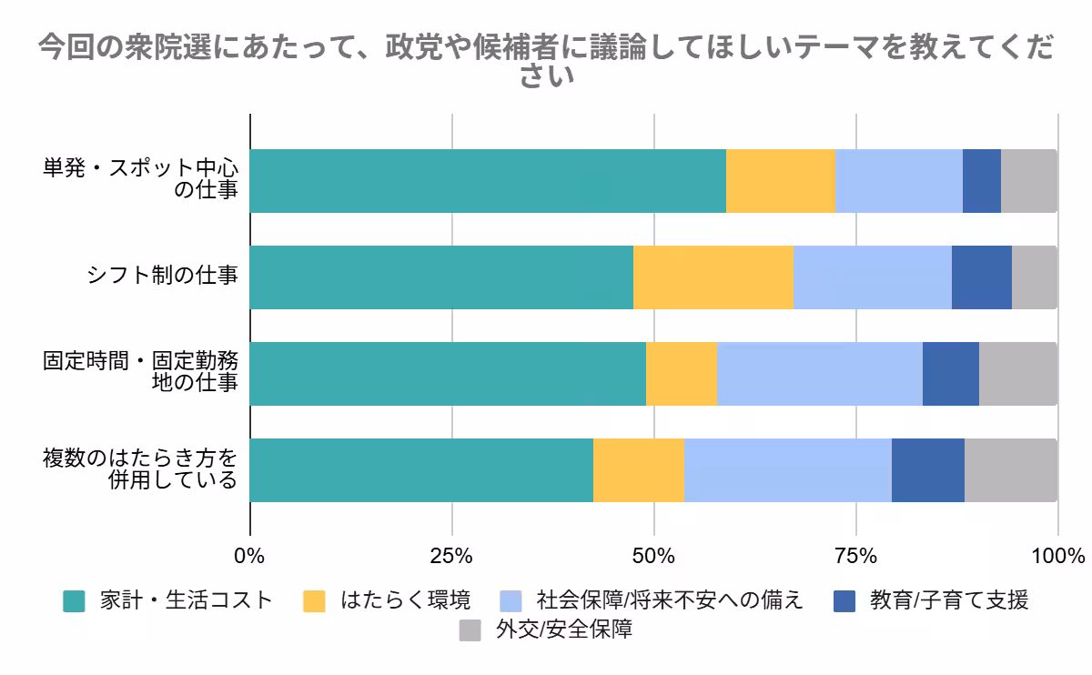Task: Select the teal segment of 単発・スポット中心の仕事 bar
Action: pyautogui.click(x=488, y=181)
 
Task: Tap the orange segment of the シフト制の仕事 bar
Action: pyautogui.click(x=713, y=277)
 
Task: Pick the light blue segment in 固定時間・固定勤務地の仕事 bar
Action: pyautogui.click(x=819, y=374)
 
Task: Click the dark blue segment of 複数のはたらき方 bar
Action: pyautogui.click(x=927, y=470)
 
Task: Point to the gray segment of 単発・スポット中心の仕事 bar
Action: pyautogui.click(x=1028, y=181)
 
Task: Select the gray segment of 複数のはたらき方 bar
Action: pyautogui.click(x=1010, y=470)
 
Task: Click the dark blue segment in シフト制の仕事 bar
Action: pyautogui.click(x=981, y=277)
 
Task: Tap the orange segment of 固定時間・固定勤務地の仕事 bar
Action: pyautogui.click(x=681, y=374)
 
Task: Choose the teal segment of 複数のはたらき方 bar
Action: pyautogui.click(x=421, y=470)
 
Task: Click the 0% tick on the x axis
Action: pyautogui.click(x=249, y=556)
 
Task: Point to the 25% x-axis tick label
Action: pyautogui.click(x=451, y=556)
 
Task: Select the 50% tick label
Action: pyautogui.click(x=653, y=556)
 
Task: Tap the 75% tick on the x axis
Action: pyautogui.click(x=855, y=556)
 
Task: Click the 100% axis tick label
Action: pyautogui.click(x=1057, y=556)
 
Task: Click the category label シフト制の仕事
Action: pyautogui.click(x=162, y=277)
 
